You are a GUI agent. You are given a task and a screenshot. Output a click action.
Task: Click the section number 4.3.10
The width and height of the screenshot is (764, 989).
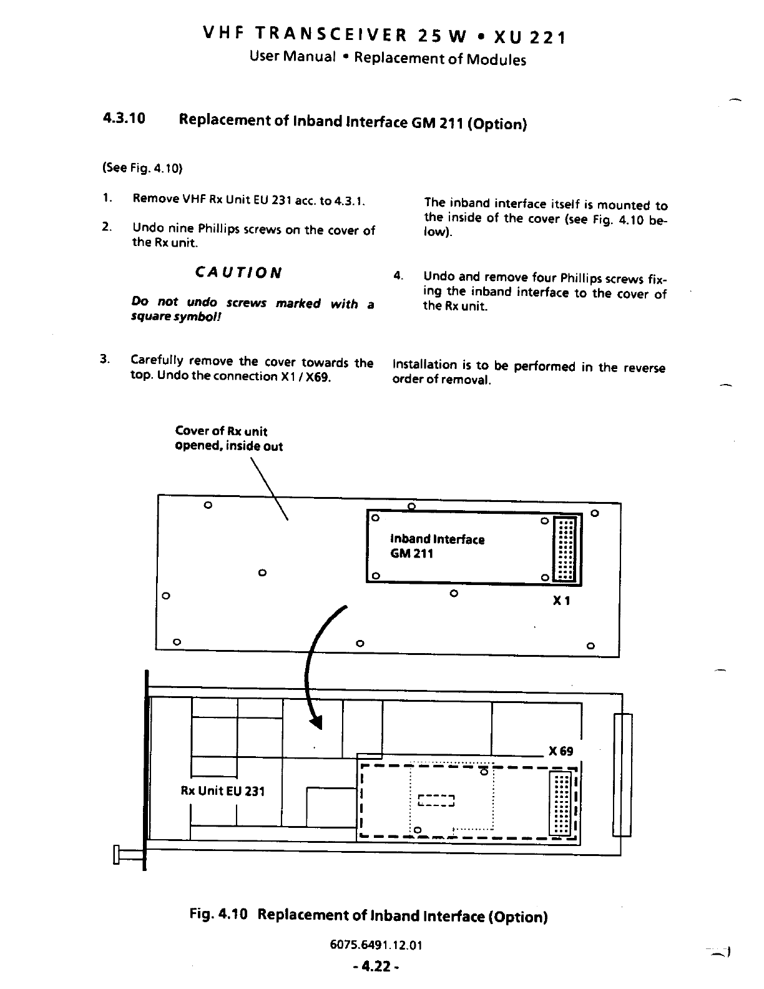[124, 119]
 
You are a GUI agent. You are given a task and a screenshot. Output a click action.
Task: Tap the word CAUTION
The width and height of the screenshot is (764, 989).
[238, 273]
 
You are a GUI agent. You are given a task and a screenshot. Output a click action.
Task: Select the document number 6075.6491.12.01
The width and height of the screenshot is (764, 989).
[376, 945]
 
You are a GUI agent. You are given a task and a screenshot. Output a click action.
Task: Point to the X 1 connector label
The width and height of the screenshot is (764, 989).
[562, 601]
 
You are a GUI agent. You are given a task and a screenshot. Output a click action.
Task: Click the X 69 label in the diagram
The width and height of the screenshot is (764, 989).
[561, 750]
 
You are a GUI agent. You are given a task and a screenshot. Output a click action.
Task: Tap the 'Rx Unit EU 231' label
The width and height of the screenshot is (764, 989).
[223, 791]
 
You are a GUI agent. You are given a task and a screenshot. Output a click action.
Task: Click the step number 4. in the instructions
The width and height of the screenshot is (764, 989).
[398, 275]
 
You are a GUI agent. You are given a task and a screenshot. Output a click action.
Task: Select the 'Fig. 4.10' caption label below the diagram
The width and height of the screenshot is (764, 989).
[219, 915]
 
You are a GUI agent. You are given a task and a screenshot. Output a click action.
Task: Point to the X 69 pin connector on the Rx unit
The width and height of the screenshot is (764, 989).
[561, 804]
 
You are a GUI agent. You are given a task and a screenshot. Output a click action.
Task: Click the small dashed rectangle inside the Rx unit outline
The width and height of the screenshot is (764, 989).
[437, 801]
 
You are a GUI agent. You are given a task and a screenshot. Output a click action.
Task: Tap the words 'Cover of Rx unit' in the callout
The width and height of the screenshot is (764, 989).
[221, 431]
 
